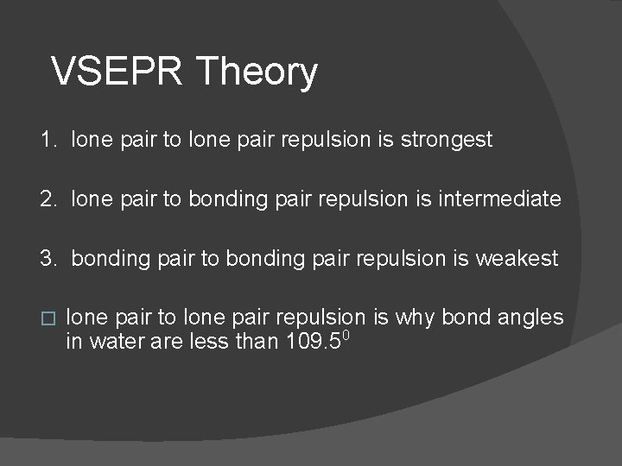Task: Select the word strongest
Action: pyautogui.click(x=447, y=140)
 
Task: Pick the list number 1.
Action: pyautogui.click(x=47, y=139)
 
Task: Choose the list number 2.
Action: pyautogui.click(x=48, y=199)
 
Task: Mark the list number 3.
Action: pyautogui.click(x=48, y=259)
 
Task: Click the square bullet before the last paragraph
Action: pyautogui.click(x=48, y=318)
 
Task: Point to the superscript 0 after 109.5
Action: pyautogui.click(x=346, y=334)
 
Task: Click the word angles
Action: pyautogui.click(x=530, y=318)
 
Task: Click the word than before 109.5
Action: pyautogui.click(x=253, y=342)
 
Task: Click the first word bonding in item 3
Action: pyautogui.click(x=111, y=259)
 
